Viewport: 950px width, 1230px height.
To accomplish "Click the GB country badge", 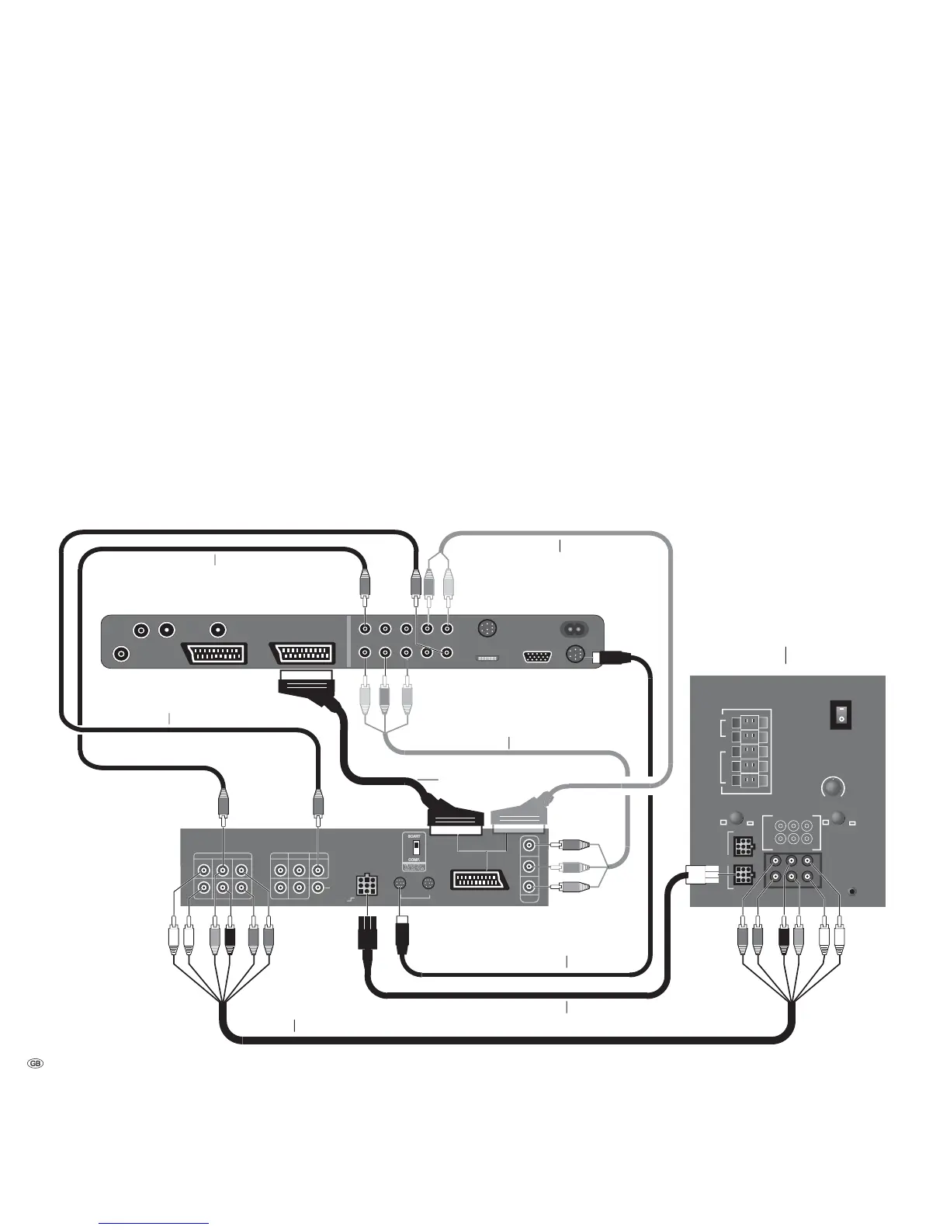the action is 35,1063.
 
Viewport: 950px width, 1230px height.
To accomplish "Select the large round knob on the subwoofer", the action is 833,787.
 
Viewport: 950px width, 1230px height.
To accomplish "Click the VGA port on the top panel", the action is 538,656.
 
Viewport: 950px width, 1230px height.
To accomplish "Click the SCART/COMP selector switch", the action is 415,847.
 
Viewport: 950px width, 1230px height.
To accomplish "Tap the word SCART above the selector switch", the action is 415,836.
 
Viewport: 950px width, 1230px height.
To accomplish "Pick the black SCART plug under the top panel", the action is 305,683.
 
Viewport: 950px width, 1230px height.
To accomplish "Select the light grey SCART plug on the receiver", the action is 517,817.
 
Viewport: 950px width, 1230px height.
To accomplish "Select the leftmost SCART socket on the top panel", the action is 215,653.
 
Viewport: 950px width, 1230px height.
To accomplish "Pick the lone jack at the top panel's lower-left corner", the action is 121,654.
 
